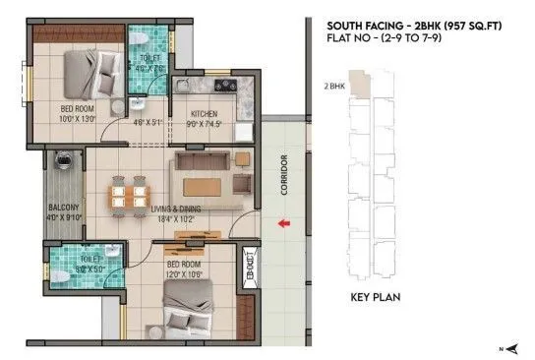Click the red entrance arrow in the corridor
(283, 225)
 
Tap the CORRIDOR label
(284, 174)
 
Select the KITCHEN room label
(204, 114)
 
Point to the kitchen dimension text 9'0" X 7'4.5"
(204, 125)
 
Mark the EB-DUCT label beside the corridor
(250, 267)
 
